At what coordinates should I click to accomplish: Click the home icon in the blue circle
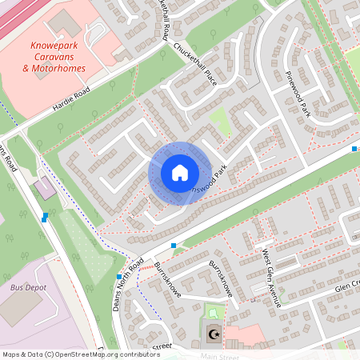click(180, 173)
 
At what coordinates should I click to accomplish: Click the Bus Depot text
click(28, 287)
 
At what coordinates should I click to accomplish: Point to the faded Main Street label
click(220, 356)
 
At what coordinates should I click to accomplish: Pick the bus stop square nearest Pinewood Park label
click(354, 149)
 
